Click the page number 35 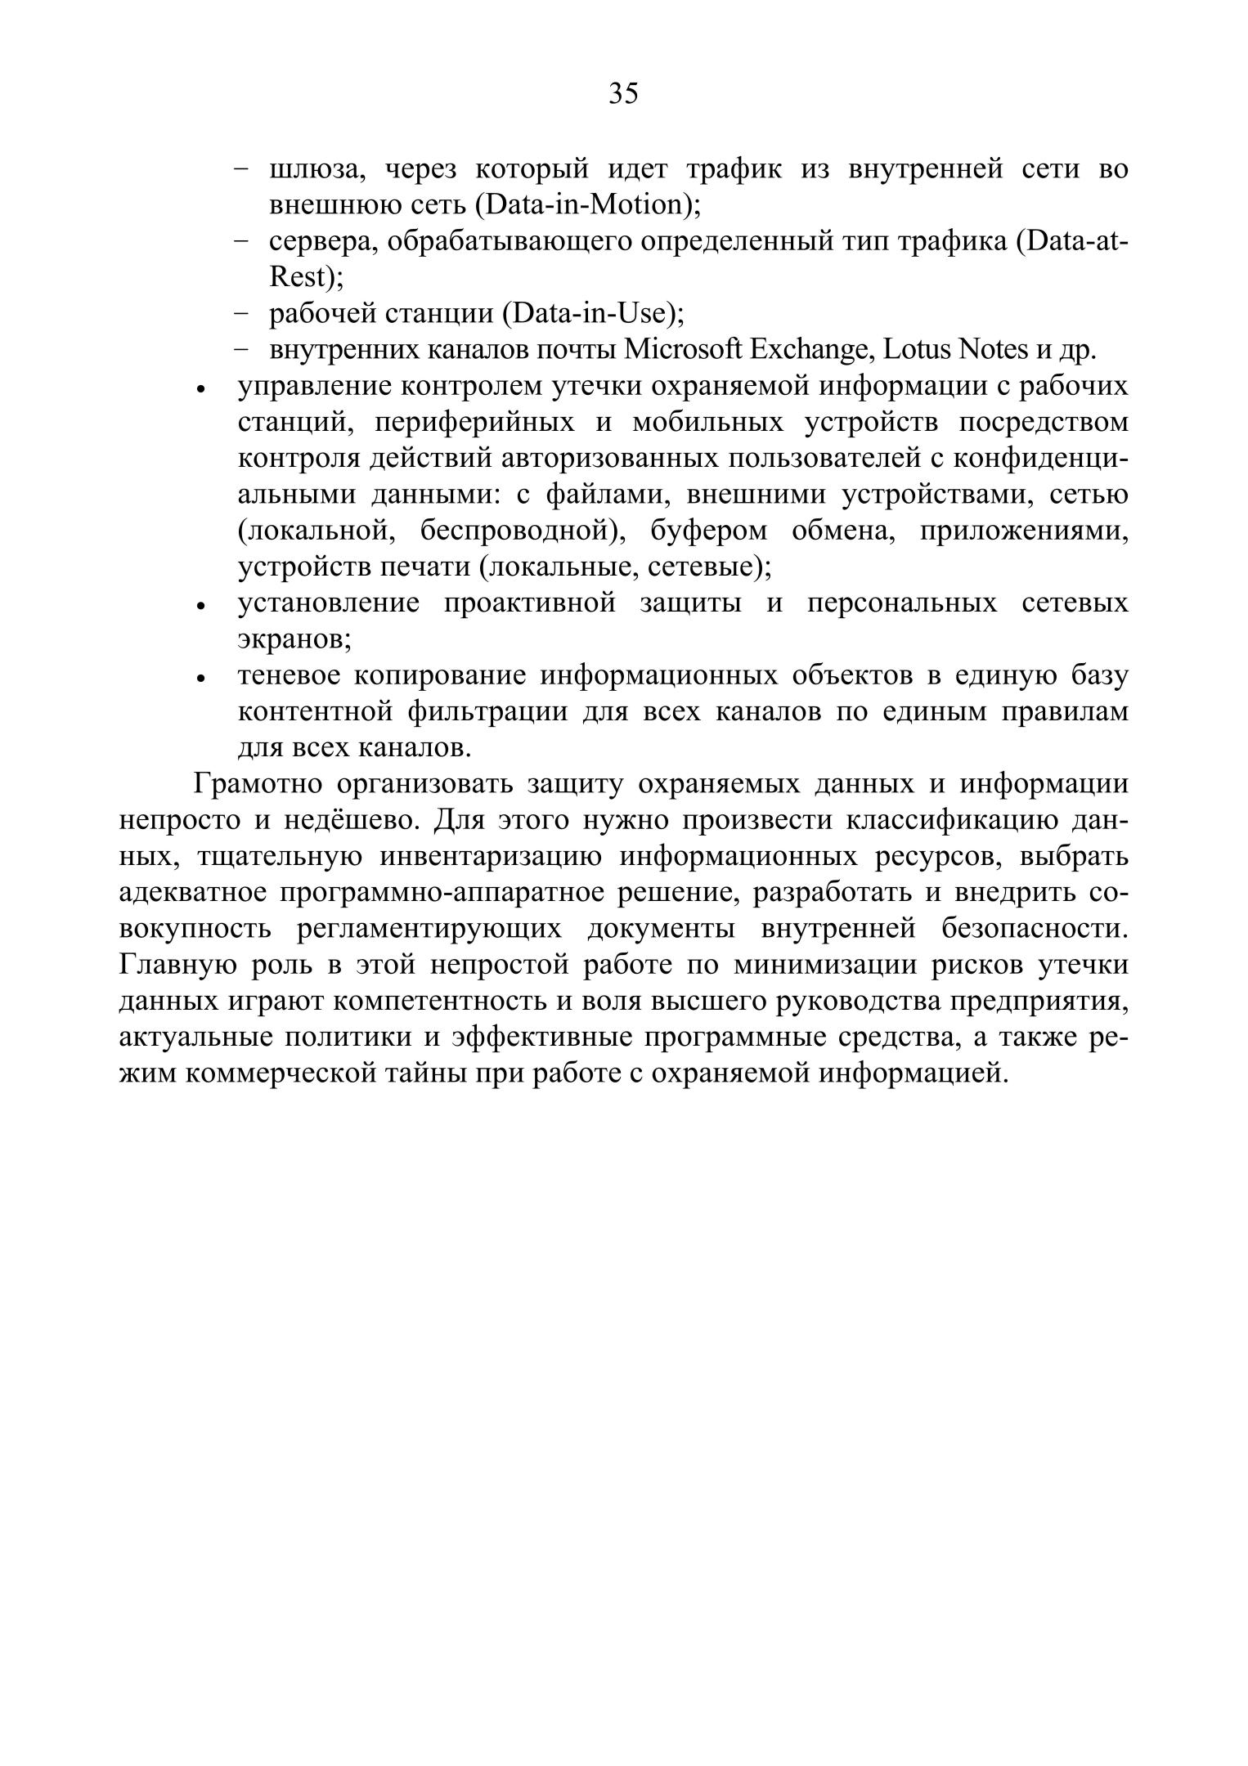pyautogui.click(x=623, y=94)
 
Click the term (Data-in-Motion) pyautogui.click(x=587, y=205)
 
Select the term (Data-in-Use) pyautogui.click(x=592, y=313)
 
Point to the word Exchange pyautogui.click(x=808, y=350)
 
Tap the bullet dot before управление pyautogui.click(x=200, y=390)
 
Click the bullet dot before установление pyautogui.click(x=200, y=607)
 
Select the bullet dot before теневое pyautogui.click(x=200, y=679)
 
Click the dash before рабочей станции pyautogui.click(x=241, y=313)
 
